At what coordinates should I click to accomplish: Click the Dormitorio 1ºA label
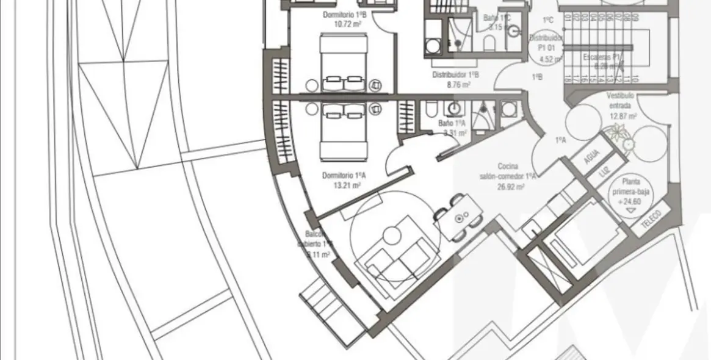pyautogui.click(x=344, y=175)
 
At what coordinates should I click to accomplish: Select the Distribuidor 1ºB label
pyautogui.click(x=456, y=75)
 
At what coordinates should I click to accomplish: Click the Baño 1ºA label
pyautogui.click(x=452, y=123)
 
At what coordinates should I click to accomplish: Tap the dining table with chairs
pyautogui.click(x=459, y=217)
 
